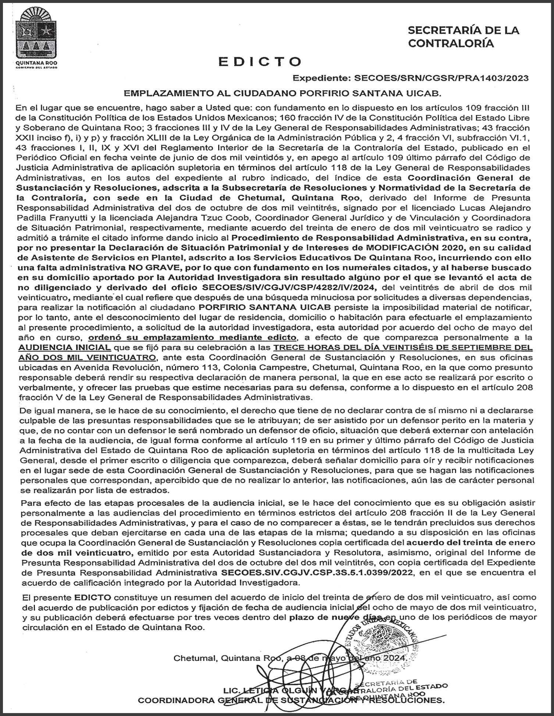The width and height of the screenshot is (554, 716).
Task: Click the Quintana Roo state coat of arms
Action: tap(36, 36)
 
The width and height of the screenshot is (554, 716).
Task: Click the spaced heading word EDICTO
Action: tap(260, 62)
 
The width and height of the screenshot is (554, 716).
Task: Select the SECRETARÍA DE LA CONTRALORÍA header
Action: tap(464, 37)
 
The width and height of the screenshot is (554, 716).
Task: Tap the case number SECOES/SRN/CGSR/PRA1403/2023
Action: tap(441, 78)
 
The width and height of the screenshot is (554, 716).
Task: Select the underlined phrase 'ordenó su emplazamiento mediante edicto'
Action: tap(192, 337)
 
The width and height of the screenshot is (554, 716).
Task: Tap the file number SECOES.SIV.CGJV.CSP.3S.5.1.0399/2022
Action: tap(317, 572)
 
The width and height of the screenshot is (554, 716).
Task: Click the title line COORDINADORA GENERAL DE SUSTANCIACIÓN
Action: tap(291, 700)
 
